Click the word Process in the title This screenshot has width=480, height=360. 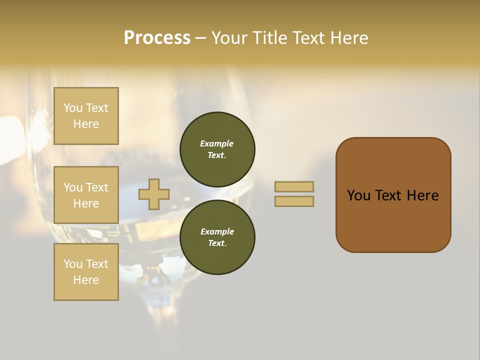pyautogui.click(x=157, y=38)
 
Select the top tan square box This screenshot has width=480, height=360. pyautogui.click(x=86, y=116)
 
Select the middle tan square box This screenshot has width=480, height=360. pyautogui.click(x=86, y=195)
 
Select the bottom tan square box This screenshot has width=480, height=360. pyautogui.click(x=86, y=272)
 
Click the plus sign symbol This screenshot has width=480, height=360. pyautogui.click(x=154, y=194)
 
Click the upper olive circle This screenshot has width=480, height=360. pyautogui.click(x=217, y=149)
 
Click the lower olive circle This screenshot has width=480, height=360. pyautogui.click(x=217, y=237)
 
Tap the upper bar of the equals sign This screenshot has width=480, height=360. pyautogui.click(x=294, y=186)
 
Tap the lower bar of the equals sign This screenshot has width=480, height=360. pyautogui.click(x=294, y=201)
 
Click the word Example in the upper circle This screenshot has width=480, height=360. pyautogui.click(x=217, y=143)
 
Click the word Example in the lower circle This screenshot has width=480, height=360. pyautogui.click(x=217, y=231)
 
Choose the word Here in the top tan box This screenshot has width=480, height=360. pyautogui.click(x=86, y=124)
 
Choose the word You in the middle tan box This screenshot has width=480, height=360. pyautogui.click(x=73, y=187)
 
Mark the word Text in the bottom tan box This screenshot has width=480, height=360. pyautogui.click(x=97, y=264)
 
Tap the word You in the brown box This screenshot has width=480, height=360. pyautogui.click(x=358, y=195)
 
